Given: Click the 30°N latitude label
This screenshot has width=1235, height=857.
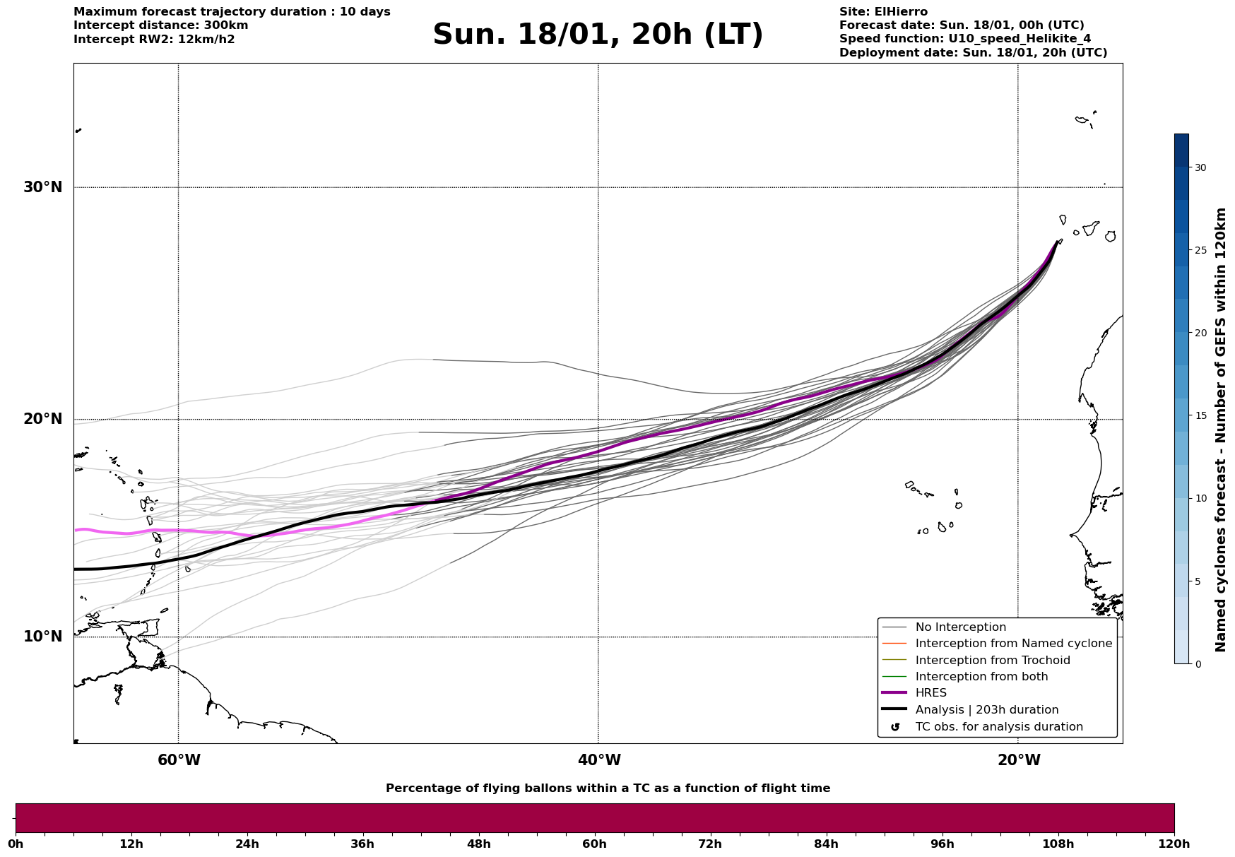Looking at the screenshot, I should (x=43, y=187).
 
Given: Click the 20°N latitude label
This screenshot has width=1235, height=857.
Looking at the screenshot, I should (x=43, y=419).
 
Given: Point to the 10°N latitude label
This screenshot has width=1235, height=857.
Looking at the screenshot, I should (x=43, y=637).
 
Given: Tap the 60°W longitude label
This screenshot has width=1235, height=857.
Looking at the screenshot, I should (x=179, y=760).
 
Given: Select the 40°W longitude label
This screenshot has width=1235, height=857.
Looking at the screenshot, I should (x=599, y=760).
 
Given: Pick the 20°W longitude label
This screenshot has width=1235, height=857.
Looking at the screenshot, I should (x=1019, y=760).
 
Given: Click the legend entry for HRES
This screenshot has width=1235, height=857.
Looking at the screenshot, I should (x=930, y=693).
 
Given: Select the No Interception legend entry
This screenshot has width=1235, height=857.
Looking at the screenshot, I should (x=960, y=627).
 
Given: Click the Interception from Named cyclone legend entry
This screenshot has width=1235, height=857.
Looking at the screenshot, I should (x=1013, y=644).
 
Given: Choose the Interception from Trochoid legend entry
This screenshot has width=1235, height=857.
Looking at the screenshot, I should (x=992, y=661).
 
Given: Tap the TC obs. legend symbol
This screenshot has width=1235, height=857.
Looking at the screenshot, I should (x=895, y=727).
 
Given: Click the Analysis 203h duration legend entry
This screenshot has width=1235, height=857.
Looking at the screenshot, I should (x=986, y=710).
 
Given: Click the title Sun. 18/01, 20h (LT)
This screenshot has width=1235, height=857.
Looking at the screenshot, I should (x=598, y=35).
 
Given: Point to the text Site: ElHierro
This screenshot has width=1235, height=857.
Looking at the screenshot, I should (x=883, y=12).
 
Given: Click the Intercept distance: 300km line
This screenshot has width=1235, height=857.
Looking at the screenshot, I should (x=160, y=25).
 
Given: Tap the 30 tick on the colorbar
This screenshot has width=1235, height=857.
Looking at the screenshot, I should (x=1200, y=167).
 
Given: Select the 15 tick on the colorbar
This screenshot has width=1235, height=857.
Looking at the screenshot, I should (x=1200, y=415).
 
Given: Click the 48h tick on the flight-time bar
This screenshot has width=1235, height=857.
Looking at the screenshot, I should (x=478, y=844).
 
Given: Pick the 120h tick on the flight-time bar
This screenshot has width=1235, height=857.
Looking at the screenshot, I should (x=1174, y=844).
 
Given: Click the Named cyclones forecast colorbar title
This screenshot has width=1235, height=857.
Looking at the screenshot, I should (x=1220, y=430).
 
